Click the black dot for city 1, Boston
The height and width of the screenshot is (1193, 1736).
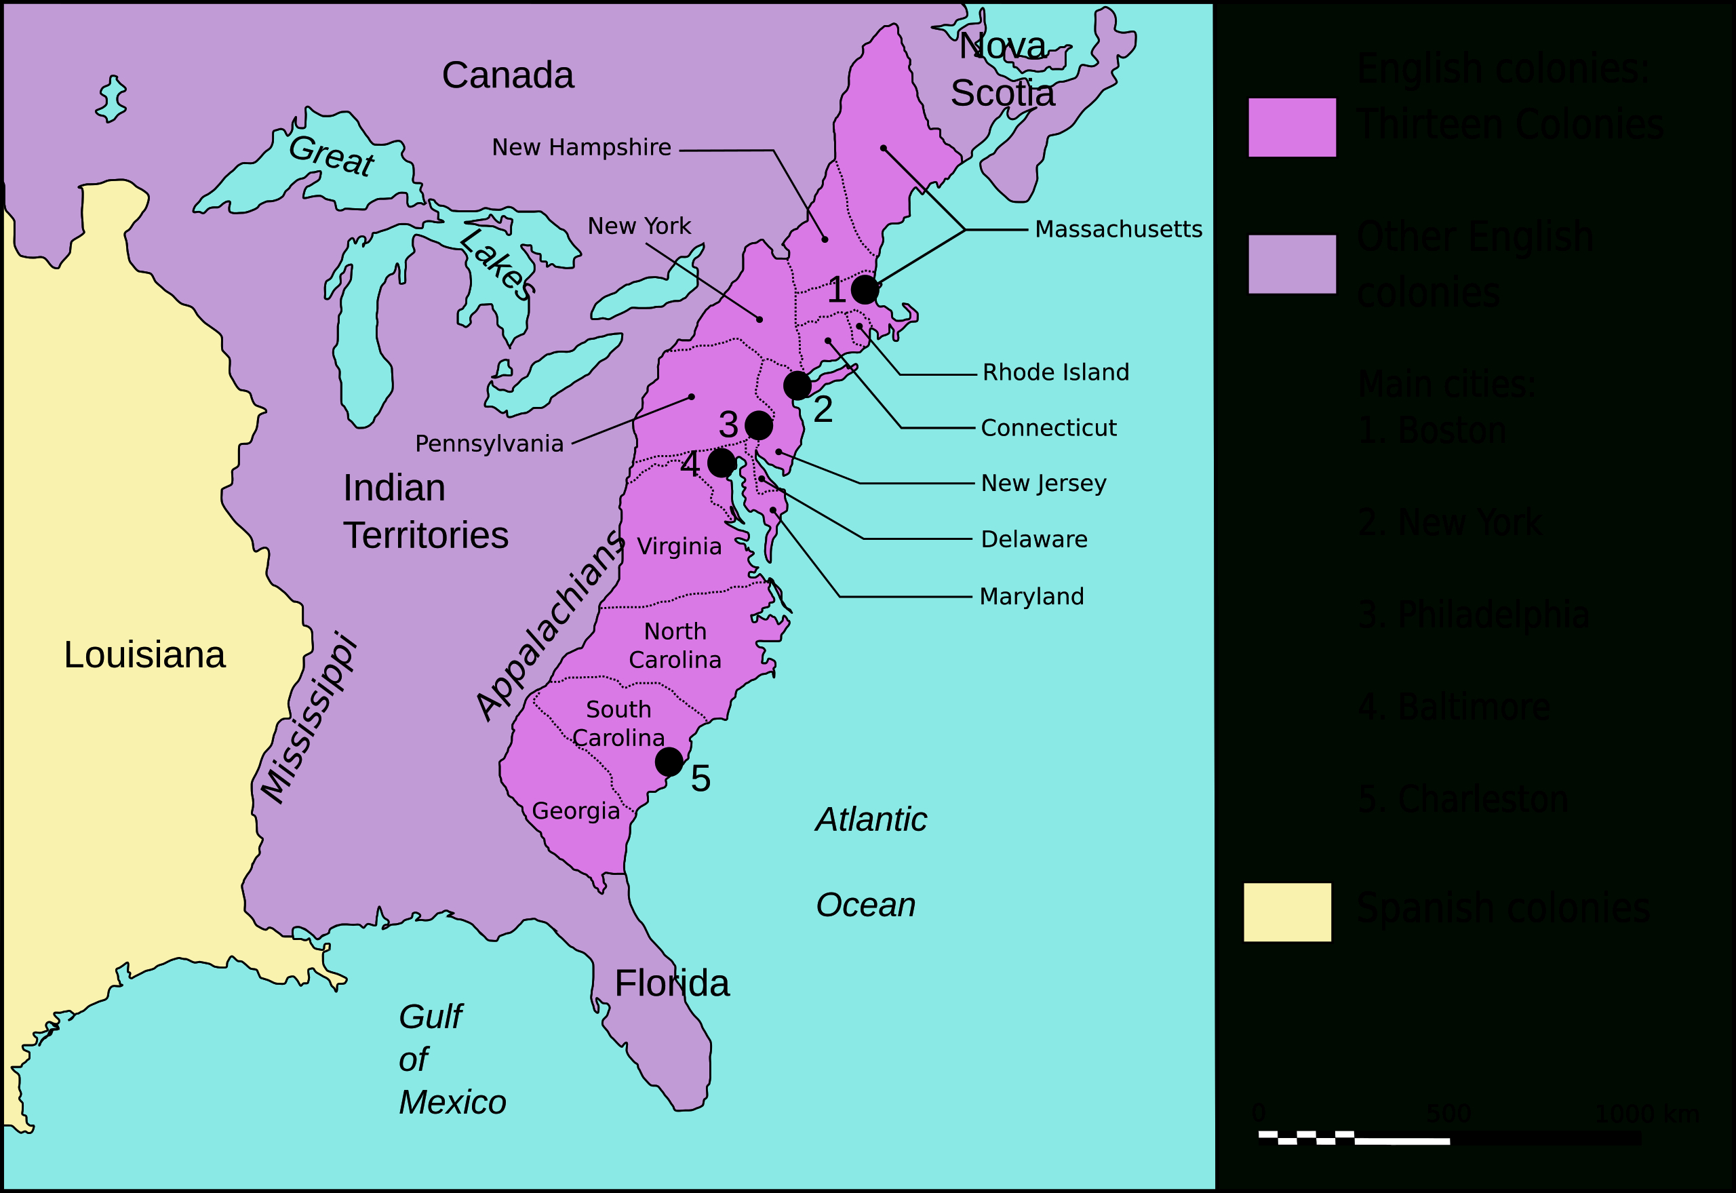(x=865, y=290)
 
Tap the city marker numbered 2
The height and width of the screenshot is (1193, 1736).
(x=797, y=385)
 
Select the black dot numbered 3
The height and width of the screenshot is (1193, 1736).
(x=759, y=425)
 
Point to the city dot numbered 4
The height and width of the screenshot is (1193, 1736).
(x=721, y=463)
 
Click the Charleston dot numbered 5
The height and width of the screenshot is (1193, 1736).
(x=669, y=762)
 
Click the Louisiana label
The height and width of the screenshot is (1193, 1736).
(x=144, y=654)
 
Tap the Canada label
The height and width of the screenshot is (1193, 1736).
(x=507, y=75)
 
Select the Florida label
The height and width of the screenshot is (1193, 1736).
(x=671, y=983)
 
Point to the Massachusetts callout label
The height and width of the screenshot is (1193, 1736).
(x=1118, y=229)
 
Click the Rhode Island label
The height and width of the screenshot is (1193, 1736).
(x=1055, y=372)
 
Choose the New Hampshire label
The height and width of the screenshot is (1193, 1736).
(x=581, y=147)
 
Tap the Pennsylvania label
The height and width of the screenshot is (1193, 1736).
(x=489, y=444)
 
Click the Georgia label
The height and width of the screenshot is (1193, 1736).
(x=576, y=810)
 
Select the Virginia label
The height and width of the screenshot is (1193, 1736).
(x=679, y=547)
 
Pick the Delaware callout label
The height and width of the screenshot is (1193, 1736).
(x=1033, y=539)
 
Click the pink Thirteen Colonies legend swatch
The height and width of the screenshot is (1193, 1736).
(x=1291, y=127)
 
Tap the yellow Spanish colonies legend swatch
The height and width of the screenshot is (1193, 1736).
(x=1287, y=912)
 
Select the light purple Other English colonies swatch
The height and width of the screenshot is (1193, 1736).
(x=1291, y=264)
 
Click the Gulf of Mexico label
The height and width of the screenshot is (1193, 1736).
(x=452, y=1059)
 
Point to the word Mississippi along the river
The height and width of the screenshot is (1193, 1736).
(x=308, y=718)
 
